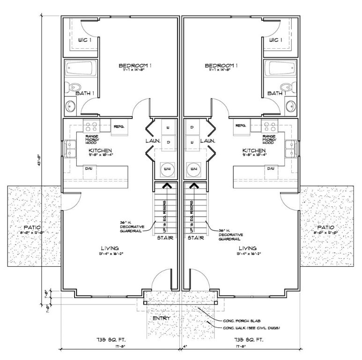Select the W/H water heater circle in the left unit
coord(166,168)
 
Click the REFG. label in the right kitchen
coord(241,126)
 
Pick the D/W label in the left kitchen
coord(88,168)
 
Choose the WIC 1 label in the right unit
coord(276,40)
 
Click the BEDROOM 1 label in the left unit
coord(134,65)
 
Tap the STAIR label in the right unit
coord(196,238)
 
